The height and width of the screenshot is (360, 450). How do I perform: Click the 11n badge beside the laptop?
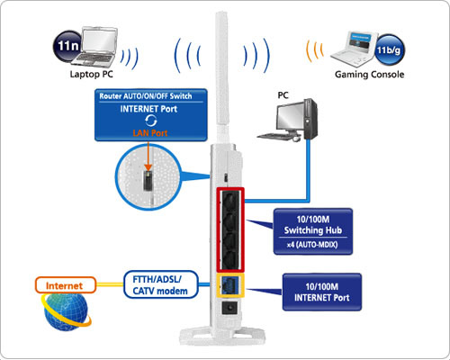(67, 47)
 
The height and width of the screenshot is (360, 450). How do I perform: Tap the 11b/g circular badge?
(389, 49)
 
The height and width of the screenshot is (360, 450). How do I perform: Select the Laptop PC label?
(91, 74)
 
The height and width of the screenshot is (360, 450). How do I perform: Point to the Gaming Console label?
(369, 74)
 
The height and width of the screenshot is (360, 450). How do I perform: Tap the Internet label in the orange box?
(64, 285)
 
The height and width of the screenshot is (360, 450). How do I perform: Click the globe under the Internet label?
(66, 312)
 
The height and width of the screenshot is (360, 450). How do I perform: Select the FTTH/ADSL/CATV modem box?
(161, 284)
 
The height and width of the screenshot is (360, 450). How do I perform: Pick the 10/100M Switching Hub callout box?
(313, 231)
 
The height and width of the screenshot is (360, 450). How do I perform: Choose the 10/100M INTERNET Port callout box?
(322, 292)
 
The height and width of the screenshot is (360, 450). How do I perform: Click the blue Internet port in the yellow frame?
(230, 285)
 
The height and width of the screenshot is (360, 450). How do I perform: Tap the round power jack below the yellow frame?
(229, 308)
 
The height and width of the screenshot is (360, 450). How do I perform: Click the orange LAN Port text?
(150, 133)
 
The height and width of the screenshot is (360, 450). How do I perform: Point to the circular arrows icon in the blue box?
(151, 121)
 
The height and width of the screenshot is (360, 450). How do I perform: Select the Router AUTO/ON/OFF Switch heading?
(146, 96)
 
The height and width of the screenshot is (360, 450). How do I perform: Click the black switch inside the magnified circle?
(148, 180)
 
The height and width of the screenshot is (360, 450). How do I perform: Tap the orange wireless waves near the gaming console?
(315, 50)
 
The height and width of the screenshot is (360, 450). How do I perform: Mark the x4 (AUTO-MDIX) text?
(312, 245)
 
